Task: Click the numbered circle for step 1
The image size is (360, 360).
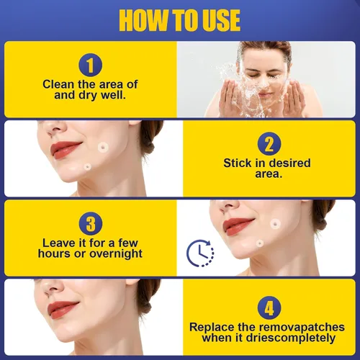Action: (x=91, y=65)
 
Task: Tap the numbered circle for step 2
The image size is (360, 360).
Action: (x=269, y=144)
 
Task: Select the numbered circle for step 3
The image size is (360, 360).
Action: (x=91, y=224)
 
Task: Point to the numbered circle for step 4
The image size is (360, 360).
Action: (x=269, y=308)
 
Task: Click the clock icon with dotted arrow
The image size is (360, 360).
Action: (x=200, y=253)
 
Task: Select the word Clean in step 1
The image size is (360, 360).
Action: (x=58, y=84)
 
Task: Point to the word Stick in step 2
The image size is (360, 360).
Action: (x=238, y=163)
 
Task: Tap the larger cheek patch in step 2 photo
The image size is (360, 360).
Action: (x=103, y=148)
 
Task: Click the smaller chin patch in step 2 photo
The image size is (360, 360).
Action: (x=88, y=166)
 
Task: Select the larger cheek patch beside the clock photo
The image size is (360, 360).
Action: (x=276, y=223)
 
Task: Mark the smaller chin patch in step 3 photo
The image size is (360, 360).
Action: (x=259, y=244)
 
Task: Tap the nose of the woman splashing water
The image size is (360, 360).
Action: (x=264, y=82)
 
